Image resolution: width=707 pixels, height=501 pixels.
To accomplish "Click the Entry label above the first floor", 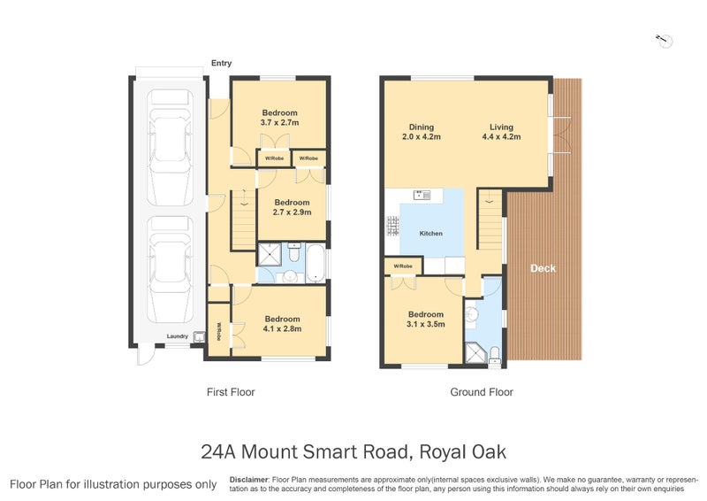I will point(221,63).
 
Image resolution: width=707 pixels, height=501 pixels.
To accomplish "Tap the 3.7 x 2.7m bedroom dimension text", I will point(279,123).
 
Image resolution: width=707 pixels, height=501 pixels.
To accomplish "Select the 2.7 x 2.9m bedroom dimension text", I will point(291,212).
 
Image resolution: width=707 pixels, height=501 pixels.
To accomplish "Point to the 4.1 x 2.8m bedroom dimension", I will point(282,329).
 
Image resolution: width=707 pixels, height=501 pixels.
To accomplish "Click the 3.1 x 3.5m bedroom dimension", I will point(425,325).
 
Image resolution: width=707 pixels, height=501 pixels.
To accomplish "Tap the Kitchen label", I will point(431,234).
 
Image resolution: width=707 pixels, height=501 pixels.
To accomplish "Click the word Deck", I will point(543,268).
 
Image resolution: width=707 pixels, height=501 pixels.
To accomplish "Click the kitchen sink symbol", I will point(421,195).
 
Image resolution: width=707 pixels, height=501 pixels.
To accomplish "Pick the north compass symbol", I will point(665,39).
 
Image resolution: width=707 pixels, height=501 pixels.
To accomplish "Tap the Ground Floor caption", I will point(482,391).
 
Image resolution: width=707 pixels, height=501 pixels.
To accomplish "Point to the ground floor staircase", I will point(489,222).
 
